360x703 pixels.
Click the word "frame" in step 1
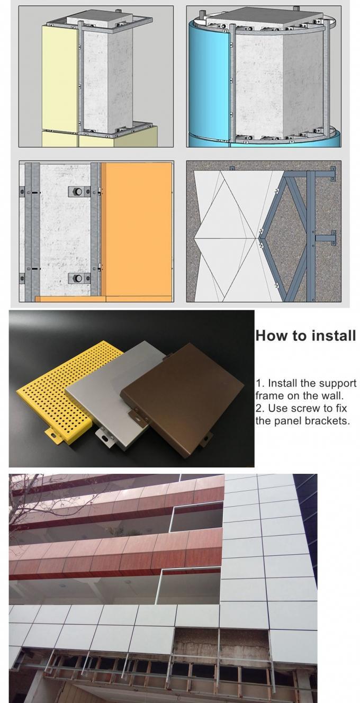(x=269, y=396)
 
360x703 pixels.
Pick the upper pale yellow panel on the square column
(x=60, y=79)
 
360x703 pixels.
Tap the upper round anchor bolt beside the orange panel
(x=78, y=191)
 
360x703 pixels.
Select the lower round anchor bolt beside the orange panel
(x=78, y=278)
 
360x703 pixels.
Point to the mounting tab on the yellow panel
(x=53, y=435)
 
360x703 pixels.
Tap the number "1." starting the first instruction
(x=259, y=383)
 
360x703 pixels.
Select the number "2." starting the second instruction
(x=259, y=409)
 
